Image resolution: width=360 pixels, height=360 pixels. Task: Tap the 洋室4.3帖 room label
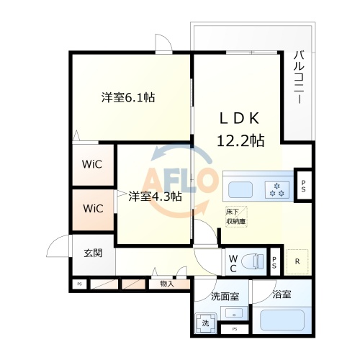[x=155, y=196]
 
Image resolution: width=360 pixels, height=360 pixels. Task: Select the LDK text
[x=238, y=118]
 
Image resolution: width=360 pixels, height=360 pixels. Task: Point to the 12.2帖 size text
[x=240, y=140]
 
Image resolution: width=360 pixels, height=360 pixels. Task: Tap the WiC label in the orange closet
[x=92, y=209]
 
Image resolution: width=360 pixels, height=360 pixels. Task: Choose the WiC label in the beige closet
[x=92, y=164]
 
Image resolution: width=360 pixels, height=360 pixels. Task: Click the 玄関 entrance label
[x=92, y=253]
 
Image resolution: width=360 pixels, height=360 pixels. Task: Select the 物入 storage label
[x=166, y=284]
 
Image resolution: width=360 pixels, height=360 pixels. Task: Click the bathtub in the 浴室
[x=283, y=319]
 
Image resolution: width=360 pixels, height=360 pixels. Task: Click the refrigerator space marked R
[x=297, y=261]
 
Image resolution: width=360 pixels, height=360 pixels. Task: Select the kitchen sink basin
[x=240, y=191]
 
